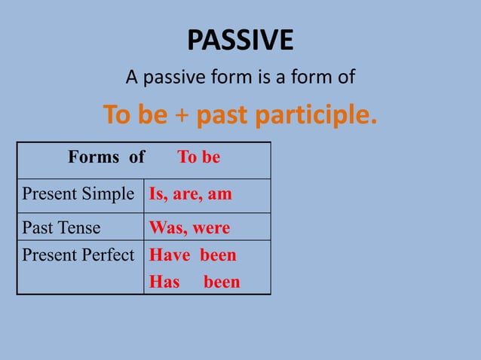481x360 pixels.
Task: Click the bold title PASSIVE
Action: click(x=240, y=40)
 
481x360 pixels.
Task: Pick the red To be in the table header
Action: click(x=199, y=157)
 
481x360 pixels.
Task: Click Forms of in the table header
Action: click(x=106, y=157)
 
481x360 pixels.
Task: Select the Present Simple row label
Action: click(x=78, y=194)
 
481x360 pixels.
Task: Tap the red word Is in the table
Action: click(x=157, y=194)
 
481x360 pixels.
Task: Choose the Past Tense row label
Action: click(x=61, y=227)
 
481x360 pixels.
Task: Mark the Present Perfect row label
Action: click(x=78, y=255)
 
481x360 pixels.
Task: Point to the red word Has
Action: click(x=165, y=282)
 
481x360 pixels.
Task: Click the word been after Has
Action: click(x=222, y=282)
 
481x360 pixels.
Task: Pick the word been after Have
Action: click(x=218, y=255)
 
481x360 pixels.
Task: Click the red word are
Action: click(x=186, y=194)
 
